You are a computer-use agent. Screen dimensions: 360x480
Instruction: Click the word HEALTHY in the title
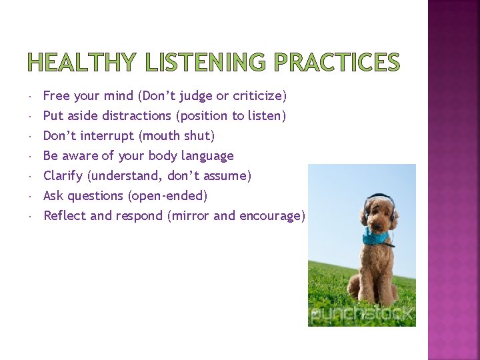pos(81,62)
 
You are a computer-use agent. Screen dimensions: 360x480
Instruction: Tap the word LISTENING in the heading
pos(205,62)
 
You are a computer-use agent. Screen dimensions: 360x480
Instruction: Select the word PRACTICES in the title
pos(337,62)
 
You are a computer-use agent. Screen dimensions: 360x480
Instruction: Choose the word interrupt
pos(107,136)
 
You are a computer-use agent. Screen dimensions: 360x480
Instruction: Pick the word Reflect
pos(65,216)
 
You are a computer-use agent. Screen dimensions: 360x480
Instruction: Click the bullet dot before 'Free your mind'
pos(31,97)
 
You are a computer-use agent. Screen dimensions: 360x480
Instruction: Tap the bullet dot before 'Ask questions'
pos(31,197)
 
